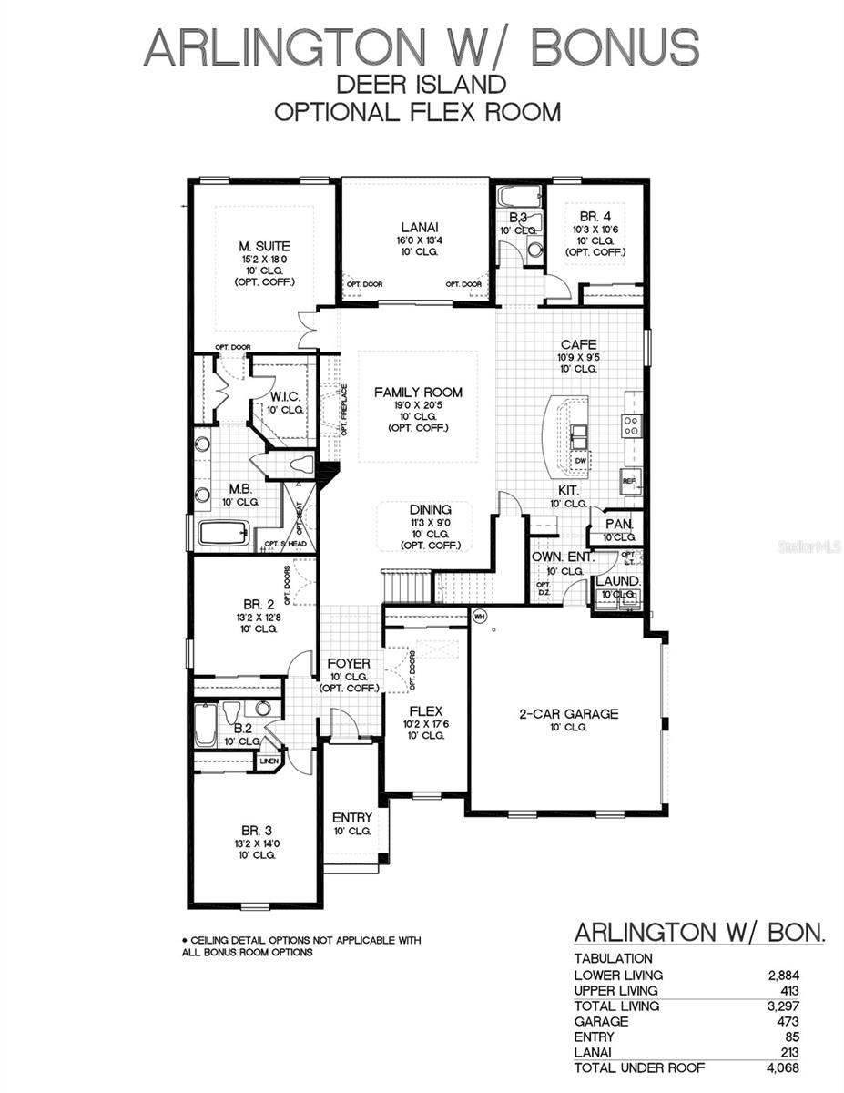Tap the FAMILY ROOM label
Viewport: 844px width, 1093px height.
point(419,393)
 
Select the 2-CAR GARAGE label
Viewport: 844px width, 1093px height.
point(568,714)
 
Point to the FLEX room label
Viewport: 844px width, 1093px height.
point(425,710)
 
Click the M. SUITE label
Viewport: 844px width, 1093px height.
point(265,246)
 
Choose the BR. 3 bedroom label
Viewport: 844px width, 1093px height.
point(257,831)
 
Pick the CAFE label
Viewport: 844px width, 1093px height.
point(578,344)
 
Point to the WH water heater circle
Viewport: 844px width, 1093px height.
point(481,617)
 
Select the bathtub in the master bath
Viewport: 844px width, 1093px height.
point(224,533)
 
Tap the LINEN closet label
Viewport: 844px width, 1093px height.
point(269,761)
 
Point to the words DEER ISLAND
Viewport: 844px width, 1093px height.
point(422,85)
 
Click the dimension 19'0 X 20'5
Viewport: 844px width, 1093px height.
point(418,405)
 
